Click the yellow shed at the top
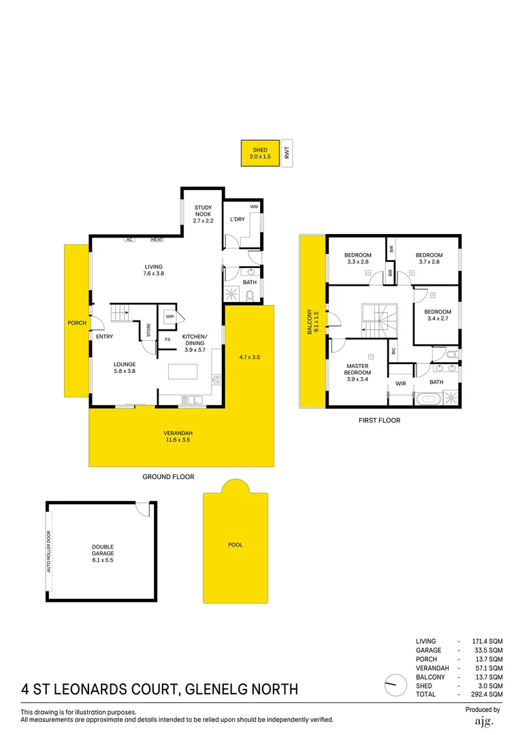pyautogui.click(x=261, y=153)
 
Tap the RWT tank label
pyautogui.click(x=287, y=153)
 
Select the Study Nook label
pyautogui.click(x=204, y=214)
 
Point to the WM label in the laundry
pyautogui.click(x=254, y=206)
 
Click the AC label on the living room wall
pyautogui.click(x=128, y=240)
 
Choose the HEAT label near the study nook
pyautogui.click(x=157, y=240)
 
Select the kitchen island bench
pyautogui.click(x=184, y=372)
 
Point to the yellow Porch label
pyautogui.click(x=77, y=323)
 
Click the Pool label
pyautogui.click(x=235, y=545)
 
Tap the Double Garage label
pyautogui.click(x=103, y=550)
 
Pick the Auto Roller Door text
pyautogui.click(x=49, y=551)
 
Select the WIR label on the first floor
pyautogui.click(x=400, y=384)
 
